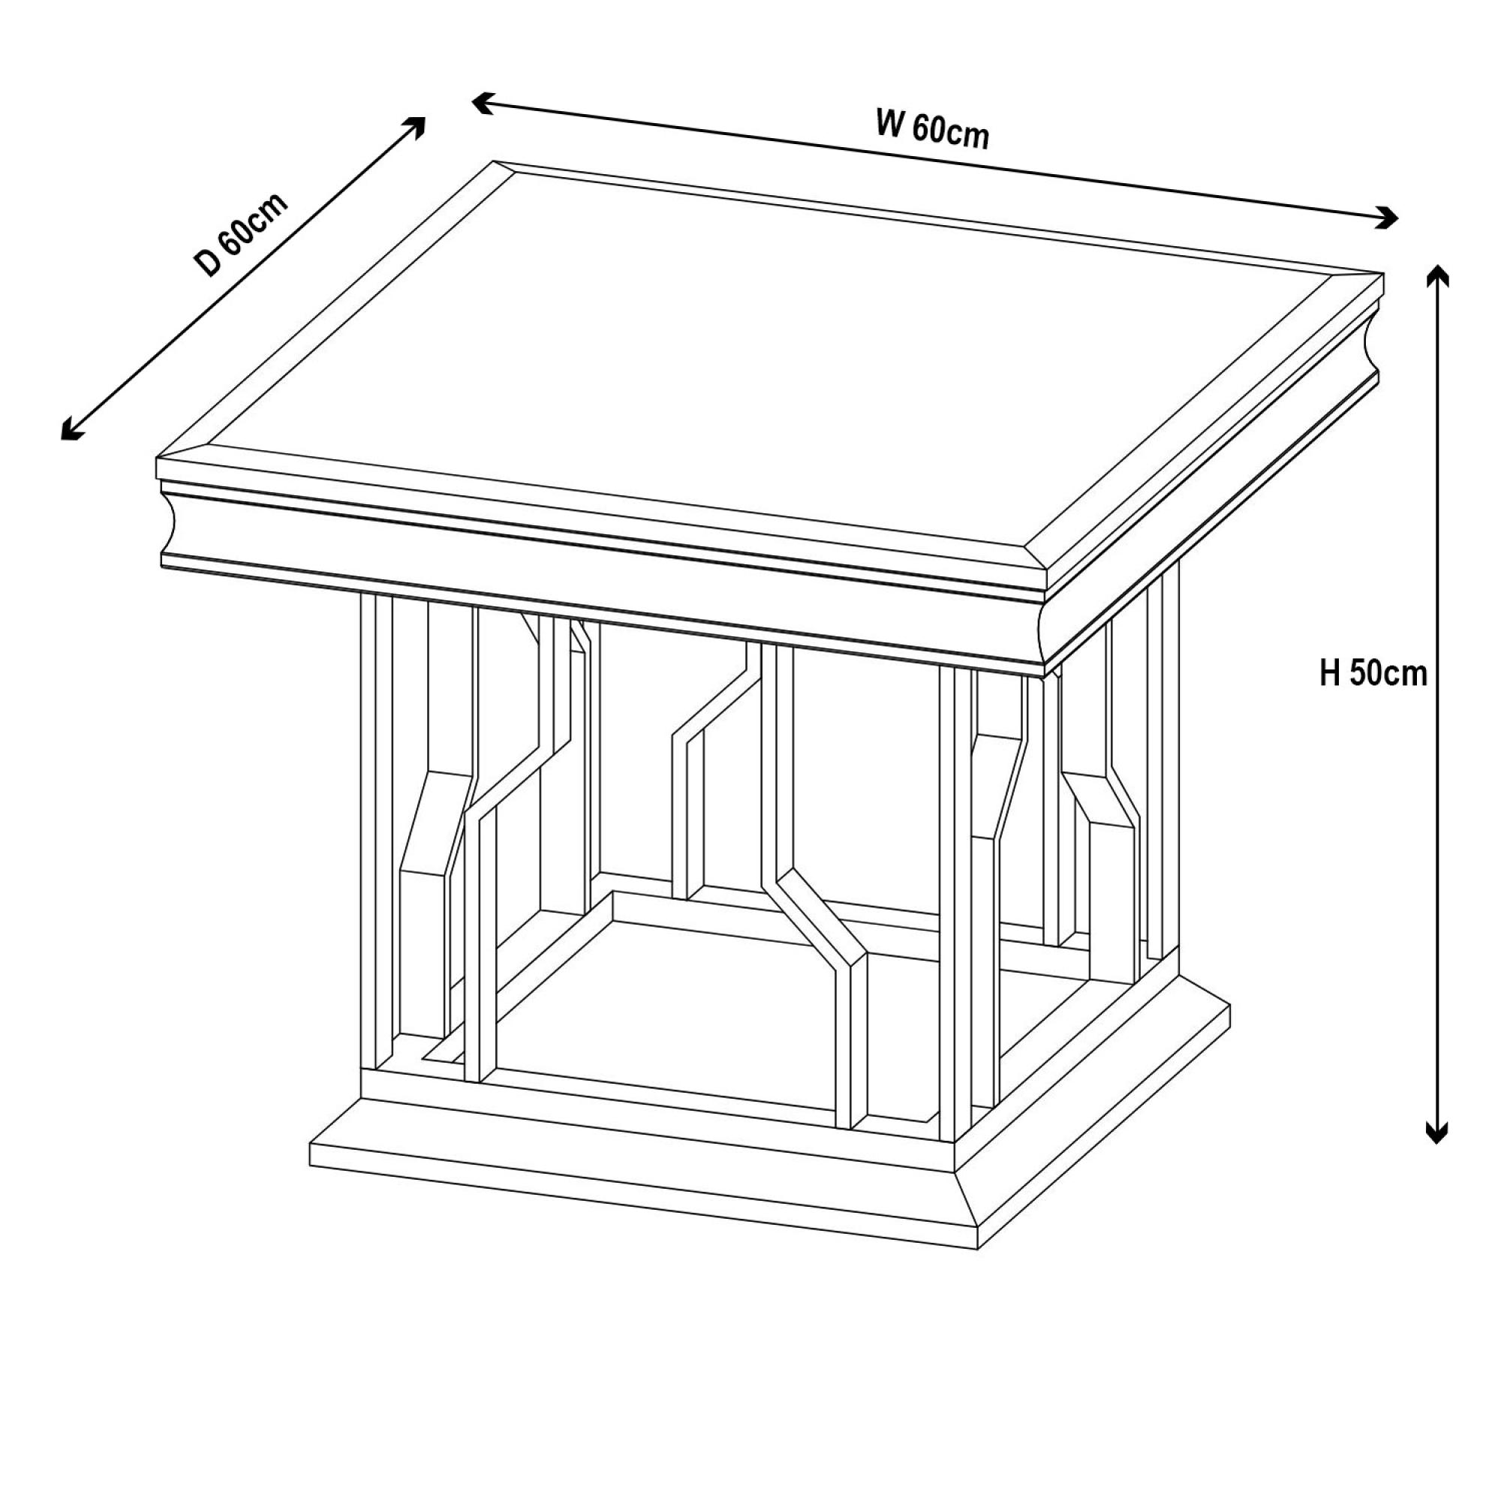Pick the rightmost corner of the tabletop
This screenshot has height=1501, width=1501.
(x=1384, y=272)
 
